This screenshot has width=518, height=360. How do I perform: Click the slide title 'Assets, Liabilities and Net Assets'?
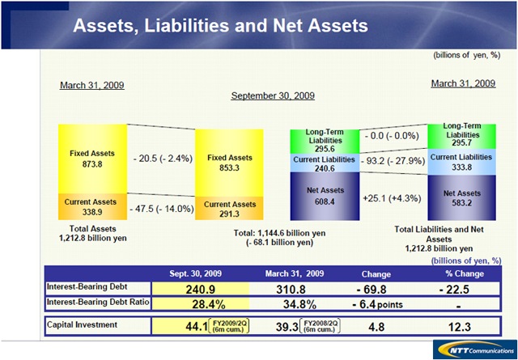(x=220, y=25)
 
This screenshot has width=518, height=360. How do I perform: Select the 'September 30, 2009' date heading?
(x=273, y=95)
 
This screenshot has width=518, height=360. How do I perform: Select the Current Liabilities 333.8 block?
(x=461, y=162)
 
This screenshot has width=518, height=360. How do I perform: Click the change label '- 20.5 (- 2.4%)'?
(x=161, y=159)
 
